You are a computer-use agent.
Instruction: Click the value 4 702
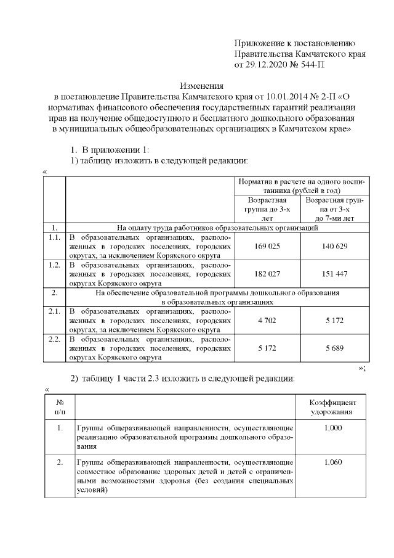pyautogui.click(x=267, y=321)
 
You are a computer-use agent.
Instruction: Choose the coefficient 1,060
pyautogui.click(x=332, y=462)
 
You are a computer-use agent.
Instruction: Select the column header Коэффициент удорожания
pyautogui.click(x=332, y=407)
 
